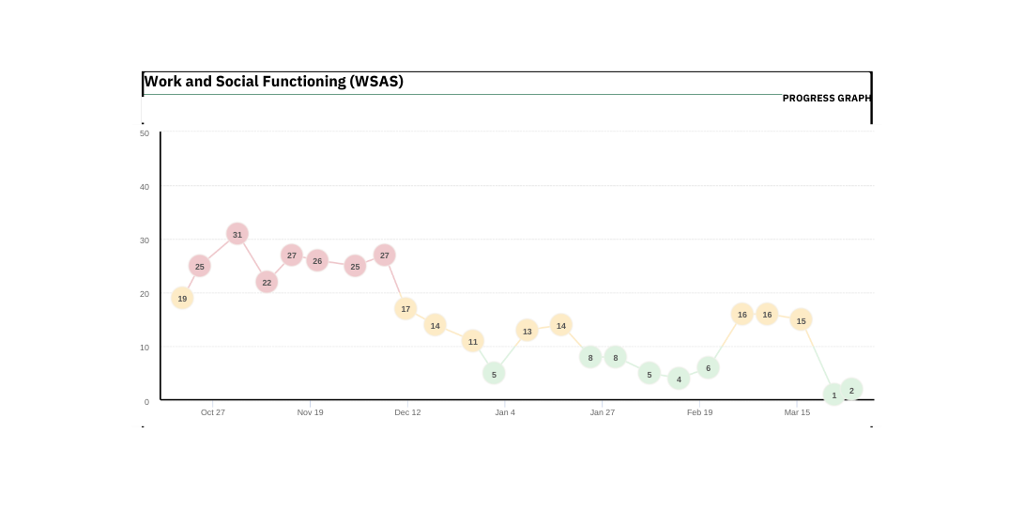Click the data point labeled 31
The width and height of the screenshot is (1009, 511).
pos(237,234)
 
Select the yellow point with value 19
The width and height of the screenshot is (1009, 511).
pos(182,299)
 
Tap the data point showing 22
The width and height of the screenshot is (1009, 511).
pos(267,282)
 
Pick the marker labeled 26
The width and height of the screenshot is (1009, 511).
pos(317,261)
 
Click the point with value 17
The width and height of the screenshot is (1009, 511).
pos(405,308)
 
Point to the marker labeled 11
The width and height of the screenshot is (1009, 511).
pos(473,341)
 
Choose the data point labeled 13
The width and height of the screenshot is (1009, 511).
pos(527,331)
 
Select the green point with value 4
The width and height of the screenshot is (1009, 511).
pos(679,379)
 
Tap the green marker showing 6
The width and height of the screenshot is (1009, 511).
pos(708,368)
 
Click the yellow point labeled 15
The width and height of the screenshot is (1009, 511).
pos(801,320)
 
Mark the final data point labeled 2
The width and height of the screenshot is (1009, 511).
pos(851,390)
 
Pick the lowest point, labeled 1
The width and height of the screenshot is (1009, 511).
pos(833,395)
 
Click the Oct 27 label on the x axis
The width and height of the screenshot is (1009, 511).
pos(213,412)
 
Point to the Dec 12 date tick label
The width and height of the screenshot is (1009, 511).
pos(407,412)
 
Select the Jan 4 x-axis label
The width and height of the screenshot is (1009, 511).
pos(505,412)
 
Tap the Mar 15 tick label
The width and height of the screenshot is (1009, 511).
pos(797,412)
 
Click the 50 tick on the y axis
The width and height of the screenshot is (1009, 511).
pos(145,133)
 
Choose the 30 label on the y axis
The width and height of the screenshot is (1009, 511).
pos(145,240)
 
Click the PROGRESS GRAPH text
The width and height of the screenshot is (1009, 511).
pos(826,99)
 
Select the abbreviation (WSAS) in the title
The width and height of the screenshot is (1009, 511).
pos(376,82)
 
